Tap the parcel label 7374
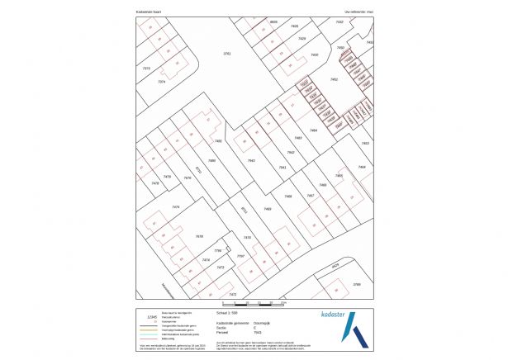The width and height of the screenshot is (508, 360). click(162, 82)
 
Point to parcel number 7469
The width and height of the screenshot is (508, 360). click(268, 209)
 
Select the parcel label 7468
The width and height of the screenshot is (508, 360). click(288, 196)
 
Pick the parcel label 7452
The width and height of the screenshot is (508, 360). click(334, 79)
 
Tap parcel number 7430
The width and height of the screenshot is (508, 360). click(314, 54)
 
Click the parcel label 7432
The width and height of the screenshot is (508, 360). click(339, 22)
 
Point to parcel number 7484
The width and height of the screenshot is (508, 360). click(313, 130)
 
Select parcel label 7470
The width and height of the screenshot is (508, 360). click(246, 238)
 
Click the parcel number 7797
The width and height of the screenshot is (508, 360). click(240, 257)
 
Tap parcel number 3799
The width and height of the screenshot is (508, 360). click(357, 284)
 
